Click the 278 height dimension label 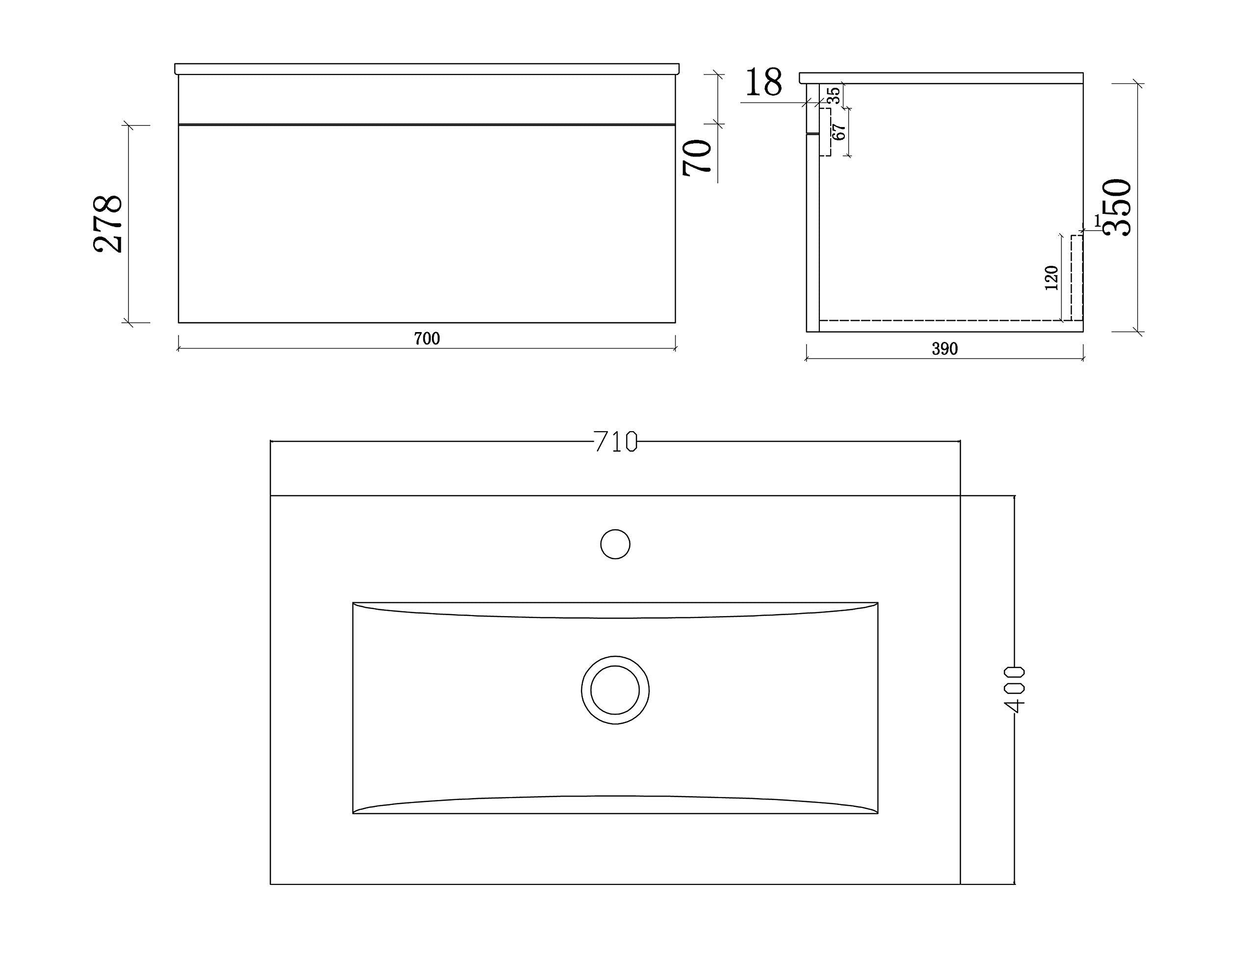tap(107, 224)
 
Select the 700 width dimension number tap(427, 339)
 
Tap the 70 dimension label tap(698, 157)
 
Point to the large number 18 tap(763, 82)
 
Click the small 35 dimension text tap(834, 95)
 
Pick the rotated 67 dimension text tap(838, 132)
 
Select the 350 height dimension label tap(1117, 207)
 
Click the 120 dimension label tap(1051, 278)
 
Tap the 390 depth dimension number tap(944, 349)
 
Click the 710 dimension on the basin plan tap(615, 442)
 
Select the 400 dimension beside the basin tap(1015, 689)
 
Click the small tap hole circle tap(615, 544)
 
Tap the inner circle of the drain tap(615, 690)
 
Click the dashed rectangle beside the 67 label tap(825, 132)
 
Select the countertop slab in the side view tap(941, 78)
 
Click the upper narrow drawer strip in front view tap(427, 99)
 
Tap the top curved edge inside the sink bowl tap(615, 618)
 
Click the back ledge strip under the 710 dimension tap(615, 469)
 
